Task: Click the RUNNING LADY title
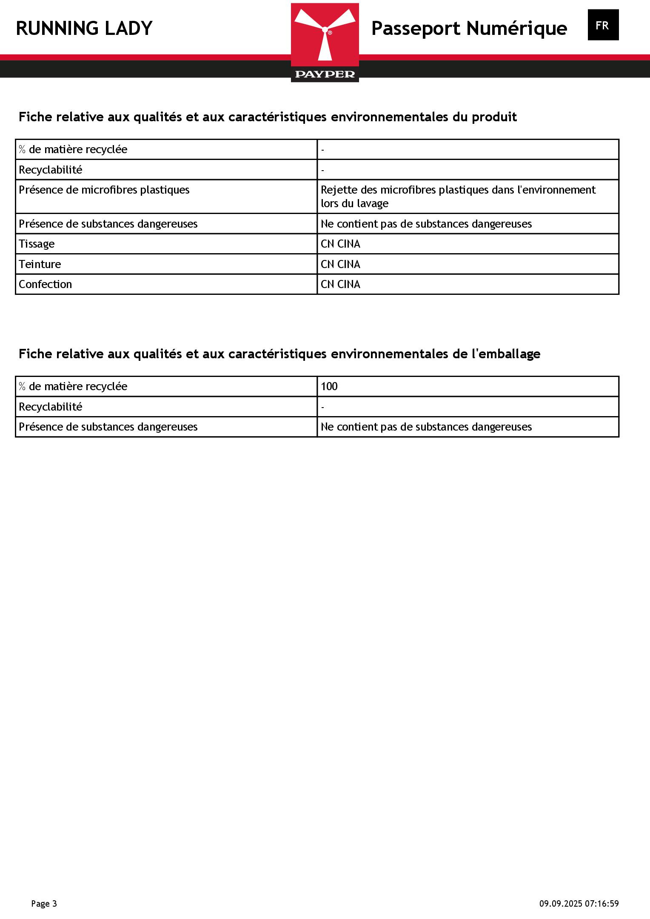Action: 84,29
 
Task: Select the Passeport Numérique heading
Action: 469,29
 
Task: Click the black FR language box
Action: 603,25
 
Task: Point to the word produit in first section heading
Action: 494,117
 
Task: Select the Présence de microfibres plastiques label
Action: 104,190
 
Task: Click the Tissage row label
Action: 37,244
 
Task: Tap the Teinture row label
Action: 40,264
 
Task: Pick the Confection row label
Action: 45,284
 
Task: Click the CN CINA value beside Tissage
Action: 340,244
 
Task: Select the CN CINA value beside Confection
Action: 340,284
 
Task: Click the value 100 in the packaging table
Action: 329,386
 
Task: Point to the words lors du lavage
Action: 354,203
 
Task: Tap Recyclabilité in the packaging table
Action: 50,407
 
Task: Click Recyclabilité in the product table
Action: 50,170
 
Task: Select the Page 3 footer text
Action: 44,903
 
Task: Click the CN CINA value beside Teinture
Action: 340,264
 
